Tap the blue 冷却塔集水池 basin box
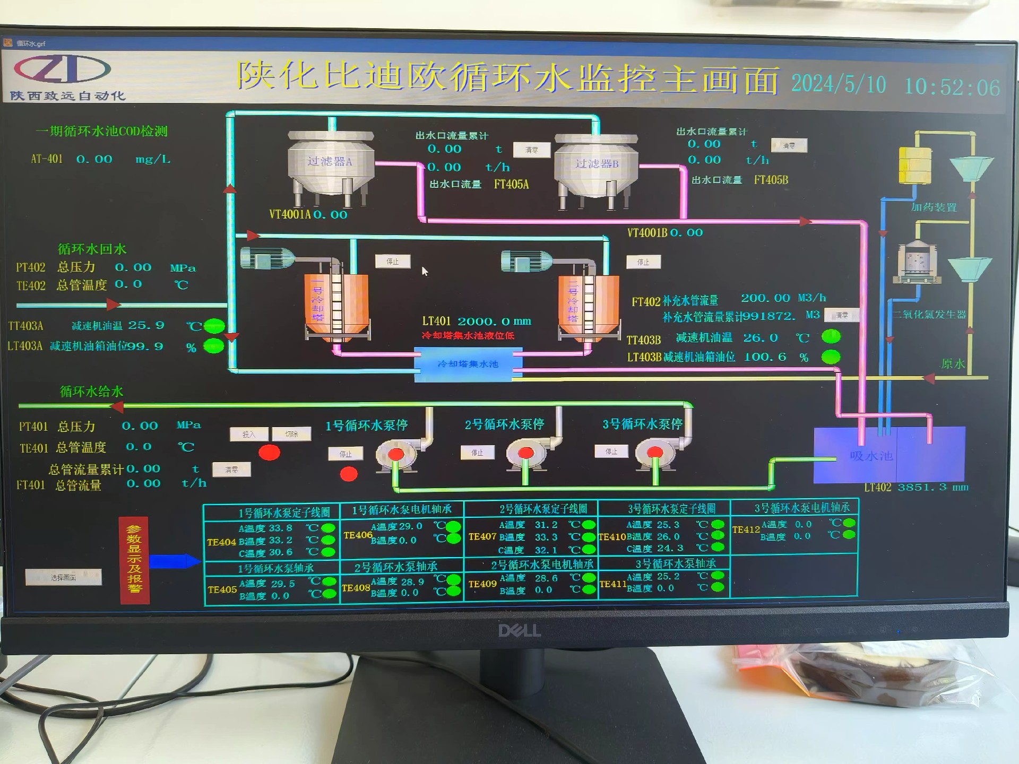(468, 364)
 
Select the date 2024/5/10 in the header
(839, 85)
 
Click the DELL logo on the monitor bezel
(519, 630)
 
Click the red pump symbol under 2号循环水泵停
(525, 453)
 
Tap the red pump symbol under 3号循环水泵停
(655, 452)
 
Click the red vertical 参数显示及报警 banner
(134, 560)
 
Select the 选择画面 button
(64, 577)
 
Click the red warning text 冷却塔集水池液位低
(468, 335)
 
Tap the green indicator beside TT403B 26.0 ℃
(831, 336)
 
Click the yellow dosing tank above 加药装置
(914, 166)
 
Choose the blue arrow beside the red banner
(174, 561)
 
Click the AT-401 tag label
(47, 159)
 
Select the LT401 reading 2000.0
(483, 322)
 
